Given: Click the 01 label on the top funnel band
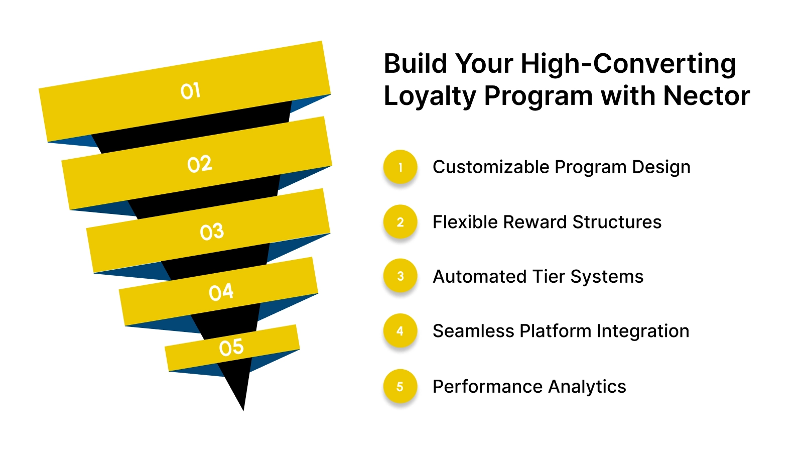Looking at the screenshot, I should (x=191, y=91).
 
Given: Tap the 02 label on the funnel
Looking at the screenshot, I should (x=200, y=164).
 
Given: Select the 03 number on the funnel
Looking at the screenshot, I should (x=212, y=232).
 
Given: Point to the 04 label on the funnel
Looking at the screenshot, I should (x=221, y=292).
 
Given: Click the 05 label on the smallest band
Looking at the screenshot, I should (x=231, y=348).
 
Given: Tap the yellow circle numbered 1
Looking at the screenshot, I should (x=400, y=167).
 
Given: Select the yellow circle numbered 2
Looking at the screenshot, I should (x=400, y=222).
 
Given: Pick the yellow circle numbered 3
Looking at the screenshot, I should (x=400, y=276).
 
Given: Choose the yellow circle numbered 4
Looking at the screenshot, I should (x=400, y=331).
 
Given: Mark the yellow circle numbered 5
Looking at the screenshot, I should (x=400, y=387).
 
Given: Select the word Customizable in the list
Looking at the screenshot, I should (x=491, y=167).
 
